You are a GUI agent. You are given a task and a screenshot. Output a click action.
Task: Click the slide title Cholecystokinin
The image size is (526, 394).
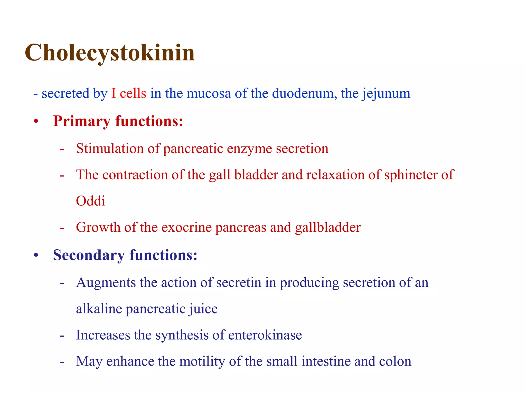coord(110,53)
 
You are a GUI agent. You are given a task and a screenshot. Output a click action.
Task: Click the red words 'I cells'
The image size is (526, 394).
coord(129,93)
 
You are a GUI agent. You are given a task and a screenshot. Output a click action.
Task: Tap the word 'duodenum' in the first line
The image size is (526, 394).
coord(304,93)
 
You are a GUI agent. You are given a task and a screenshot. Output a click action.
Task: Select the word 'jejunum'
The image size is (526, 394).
coord(386,94)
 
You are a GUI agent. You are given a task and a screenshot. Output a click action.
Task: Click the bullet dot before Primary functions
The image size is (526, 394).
coord(36,121)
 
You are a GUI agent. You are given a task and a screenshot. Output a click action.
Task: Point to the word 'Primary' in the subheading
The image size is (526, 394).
coord(82,121)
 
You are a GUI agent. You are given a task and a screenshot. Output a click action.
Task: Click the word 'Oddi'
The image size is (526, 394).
coord(90,201)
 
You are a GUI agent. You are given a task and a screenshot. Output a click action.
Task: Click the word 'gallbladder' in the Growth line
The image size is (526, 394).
coord(328,227)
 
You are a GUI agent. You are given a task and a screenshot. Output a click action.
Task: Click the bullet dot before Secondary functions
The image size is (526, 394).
coord(36,255)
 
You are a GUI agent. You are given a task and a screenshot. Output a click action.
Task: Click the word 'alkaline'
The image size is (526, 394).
coord(99,309)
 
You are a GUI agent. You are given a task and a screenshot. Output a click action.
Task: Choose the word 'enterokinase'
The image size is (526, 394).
coord(265,335)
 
